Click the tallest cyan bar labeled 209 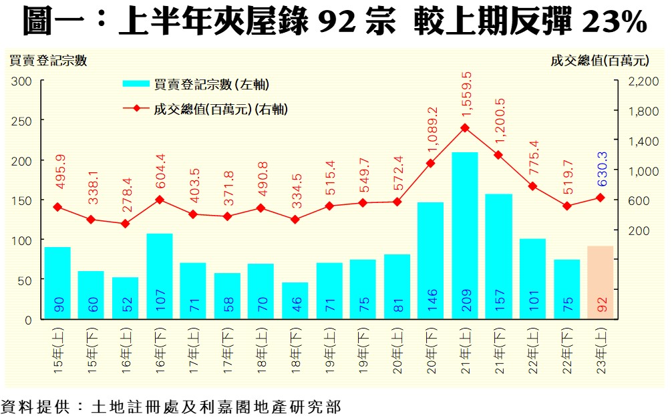[464, 234]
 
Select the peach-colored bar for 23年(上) [600, 282]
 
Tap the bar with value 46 [295, 300]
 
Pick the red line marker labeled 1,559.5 [465, 128]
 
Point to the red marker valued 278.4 [125, 224]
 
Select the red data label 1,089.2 [432, 131]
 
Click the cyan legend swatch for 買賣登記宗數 [136, 84]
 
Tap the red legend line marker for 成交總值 [136, 108]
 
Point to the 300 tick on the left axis [22, 81]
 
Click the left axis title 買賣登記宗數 [47, 60]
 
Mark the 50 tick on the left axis [25, 280]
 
